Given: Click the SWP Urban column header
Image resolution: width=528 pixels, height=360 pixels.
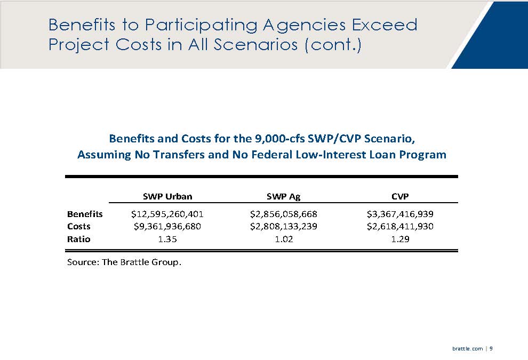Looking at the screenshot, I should coord(167,196).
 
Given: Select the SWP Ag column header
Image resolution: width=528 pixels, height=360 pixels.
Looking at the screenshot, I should coord(283,196).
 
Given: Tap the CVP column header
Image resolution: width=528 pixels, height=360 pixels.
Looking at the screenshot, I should coord(399,196).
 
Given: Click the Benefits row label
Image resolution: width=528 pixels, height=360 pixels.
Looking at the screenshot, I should coord(85,214).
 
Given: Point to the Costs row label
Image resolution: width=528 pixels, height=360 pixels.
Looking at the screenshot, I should coord(79,227).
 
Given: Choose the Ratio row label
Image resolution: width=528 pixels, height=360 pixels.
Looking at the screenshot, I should coord(79,239).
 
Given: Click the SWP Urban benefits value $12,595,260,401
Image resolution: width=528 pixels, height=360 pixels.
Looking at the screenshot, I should coord(167,214).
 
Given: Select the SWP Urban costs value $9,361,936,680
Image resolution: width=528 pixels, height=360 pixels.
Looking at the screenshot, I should coord(167,227).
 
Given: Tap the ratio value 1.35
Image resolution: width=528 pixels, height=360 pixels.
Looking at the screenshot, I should coord(167,239).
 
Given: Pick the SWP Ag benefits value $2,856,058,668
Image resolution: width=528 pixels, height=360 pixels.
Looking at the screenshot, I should coord(283,214).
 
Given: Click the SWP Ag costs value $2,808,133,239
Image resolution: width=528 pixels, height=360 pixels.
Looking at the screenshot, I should coord(283,227).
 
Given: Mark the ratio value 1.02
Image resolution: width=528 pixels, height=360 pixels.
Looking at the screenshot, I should coord(283,239).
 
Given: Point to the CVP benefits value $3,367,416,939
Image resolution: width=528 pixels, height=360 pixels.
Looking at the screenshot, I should coord(399,214).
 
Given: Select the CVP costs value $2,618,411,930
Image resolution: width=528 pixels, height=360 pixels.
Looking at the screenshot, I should coord(399,227).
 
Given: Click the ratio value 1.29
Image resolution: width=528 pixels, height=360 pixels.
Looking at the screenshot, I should coord(399,239).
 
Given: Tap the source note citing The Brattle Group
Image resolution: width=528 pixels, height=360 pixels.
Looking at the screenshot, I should coord(124,262).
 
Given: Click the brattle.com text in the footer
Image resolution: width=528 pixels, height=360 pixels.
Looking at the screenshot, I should coord(467,348).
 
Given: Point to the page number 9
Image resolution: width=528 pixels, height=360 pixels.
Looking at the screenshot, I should coord(491,348).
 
